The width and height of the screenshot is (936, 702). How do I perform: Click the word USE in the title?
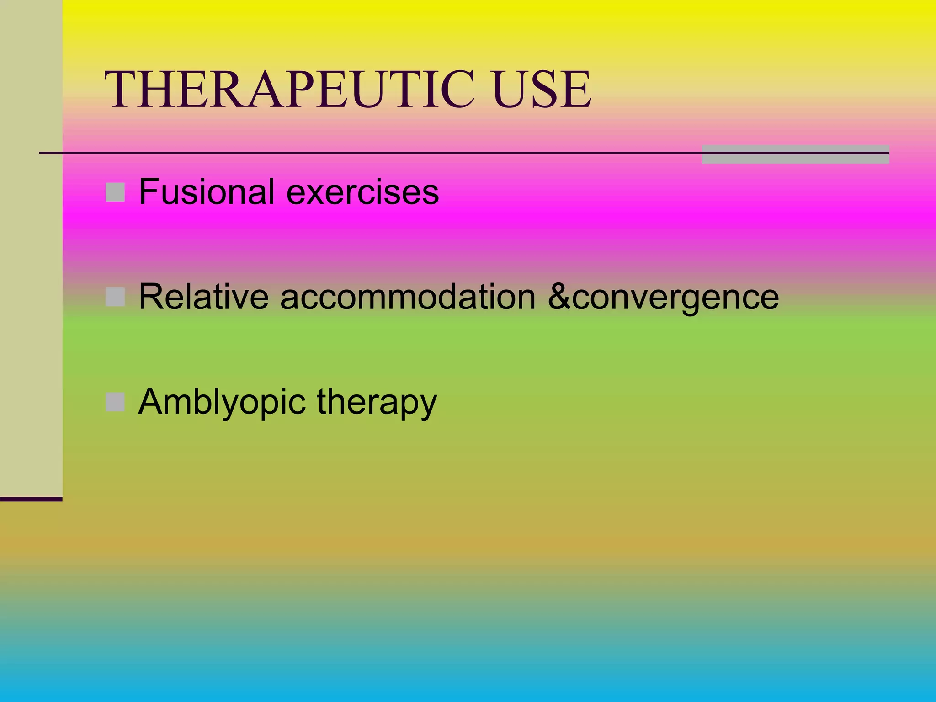pyautogui.click(x=542, y=90)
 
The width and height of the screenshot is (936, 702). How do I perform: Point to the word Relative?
pyautogui.click(x=204, y=297)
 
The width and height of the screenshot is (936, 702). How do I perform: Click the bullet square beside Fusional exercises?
pyautogui.click(x=115, y=192)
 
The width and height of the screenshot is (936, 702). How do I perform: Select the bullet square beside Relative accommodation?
pyautogui.click(x=115, y=297)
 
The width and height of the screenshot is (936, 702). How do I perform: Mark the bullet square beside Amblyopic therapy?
pyautogui.click(x=115, y=402)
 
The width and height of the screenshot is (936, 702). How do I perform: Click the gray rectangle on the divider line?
pyautogui.click(x=795, y=154)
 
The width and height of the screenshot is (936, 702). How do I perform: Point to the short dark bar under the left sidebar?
pyautogui.click(x=31, y=499)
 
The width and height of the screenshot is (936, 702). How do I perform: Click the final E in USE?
pyautogui.click(x=577, y=90)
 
